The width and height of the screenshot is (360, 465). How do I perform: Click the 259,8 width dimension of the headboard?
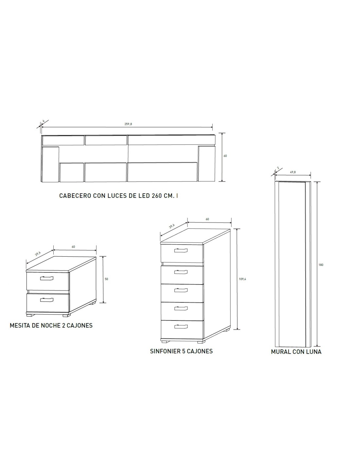coord(128,124)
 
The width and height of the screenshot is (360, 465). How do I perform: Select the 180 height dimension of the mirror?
coord(321,265)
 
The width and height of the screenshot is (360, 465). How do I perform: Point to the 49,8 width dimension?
coord(293,172)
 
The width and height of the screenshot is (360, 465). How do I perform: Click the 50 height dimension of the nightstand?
coord(106,279)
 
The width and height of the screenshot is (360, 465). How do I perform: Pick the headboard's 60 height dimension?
coord(225,156)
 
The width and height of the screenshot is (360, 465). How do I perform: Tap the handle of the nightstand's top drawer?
coord(46,278)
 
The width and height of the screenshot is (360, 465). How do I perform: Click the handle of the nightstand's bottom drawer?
coord(46,300)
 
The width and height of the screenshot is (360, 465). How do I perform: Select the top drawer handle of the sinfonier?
coord(181,250)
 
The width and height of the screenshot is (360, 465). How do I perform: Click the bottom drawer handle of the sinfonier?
coord(181,327)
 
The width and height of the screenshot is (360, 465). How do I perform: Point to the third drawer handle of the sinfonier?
coord(181,290)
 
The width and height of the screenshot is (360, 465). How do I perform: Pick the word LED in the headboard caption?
coord(144,196)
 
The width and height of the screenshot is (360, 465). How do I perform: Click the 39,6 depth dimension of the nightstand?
coord(38,254)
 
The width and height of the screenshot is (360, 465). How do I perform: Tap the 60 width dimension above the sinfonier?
coord(207,219)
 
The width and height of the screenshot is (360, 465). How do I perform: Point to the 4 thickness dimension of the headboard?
coord(44,121)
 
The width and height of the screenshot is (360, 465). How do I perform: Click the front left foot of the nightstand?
coord(30,315)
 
